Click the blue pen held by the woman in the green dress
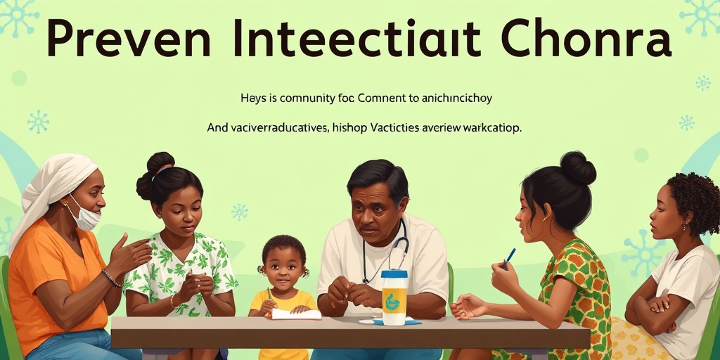(x=509, y=257)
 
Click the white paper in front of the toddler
(x=295, y=314)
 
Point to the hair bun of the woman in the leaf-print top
(x=160, y=163)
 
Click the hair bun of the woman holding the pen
(x=578, y=168)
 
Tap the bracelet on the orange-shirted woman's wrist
(x=110, y=278)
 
